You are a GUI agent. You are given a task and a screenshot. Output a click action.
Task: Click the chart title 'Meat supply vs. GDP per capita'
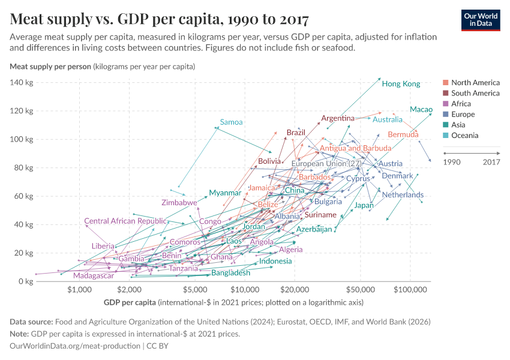click(160, 20)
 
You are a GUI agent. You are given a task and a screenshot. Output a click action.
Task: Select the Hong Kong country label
click(401, 84)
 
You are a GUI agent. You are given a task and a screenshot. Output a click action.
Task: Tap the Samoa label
click(231, 122)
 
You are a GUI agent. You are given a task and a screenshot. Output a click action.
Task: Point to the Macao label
click(421, 109)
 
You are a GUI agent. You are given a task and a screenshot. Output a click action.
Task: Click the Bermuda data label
click(403, 134)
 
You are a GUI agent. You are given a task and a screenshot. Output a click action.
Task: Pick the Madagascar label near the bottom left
click(94, 275)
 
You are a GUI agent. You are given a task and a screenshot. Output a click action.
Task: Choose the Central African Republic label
click(125, 221)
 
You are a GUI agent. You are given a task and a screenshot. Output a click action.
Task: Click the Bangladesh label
click(231, 273)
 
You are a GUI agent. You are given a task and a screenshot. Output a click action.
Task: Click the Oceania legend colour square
click(445, 136)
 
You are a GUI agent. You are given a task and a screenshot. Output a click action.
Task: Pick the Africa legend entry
click(465, 104)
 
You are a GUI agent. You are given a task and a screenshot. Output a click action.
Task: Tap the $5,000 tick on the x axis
click(195, 290)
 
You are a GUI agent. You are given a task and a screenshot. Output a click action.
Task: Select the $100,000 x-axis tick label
click(410, 290)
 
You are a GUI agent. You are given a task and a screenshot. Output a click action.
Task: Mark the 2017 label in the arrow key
click(491, 161)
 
